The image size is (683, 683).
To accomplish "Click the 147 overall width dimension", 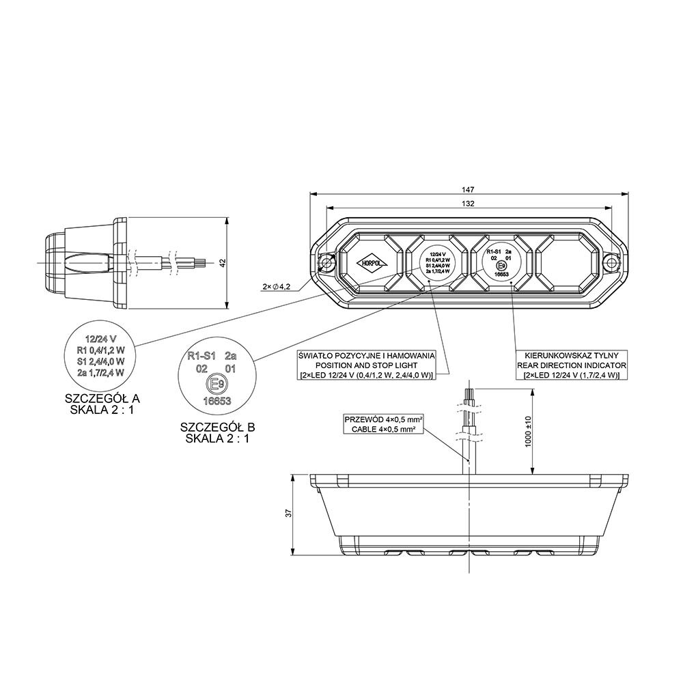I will (x=468, y=189).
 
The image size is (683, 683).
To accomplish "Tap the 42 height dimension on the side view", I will (x=223, y=262).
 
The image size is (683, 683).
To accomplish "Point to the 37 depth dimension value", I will (x=289, y=513).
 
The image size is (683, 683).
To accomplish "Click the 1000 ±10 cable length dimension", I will (x=527, y=432).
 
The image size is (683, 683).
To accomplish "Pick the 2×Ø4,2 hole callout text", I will (x=277, y=287).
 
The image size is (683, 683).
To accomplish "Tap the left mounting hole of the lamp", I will (x=328, y=263).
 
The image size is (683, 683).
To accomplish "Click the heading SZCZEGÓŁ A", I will (x=105, y=398).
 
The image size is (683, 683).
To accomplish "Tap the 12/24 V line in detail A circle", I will (x=100, y=337).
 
